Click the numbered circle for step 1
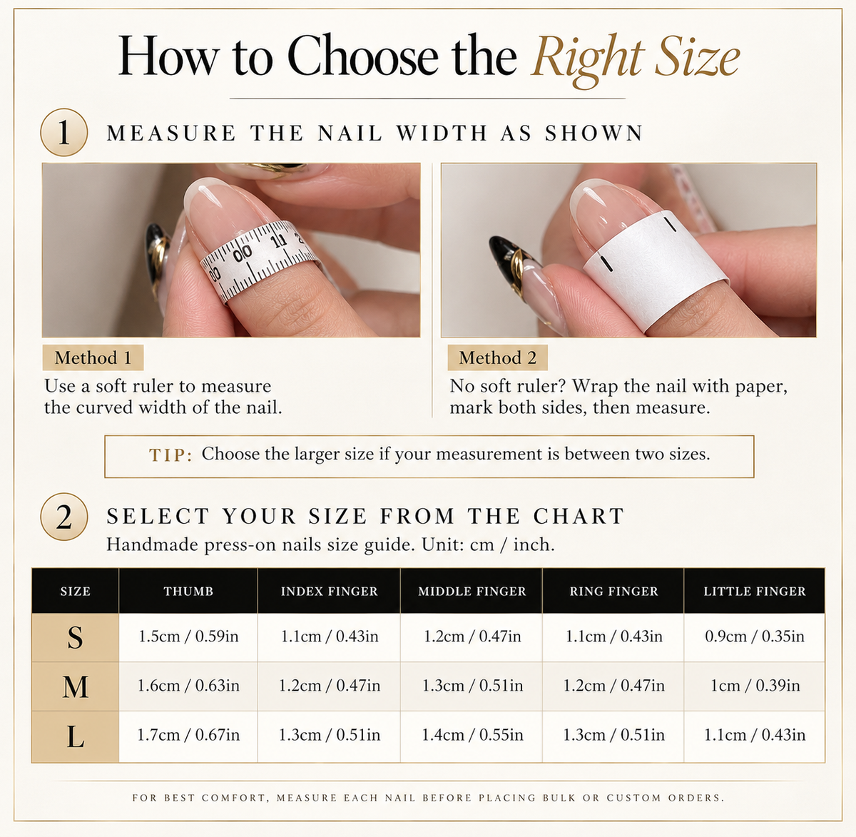tap(63, 132)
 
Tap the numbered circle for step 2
tap(63, 517)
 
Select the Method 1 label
tap(93, 357)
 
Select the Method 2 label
tap(497, 357)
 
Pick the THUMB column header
tap(188, 591)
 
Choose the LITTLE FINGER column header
tap(755, 591)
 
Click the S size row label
tap(75, 637)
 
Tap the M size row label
tap(75, 686)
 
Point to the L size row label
tap(75, 736)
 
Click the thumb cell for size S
tap(188, 636)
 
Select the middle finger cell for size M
tap(472, 686)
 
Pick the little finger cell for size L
tap(755, 735)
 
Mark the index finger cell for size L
tap(329, 735)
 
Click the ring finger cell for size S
tap(613, 636)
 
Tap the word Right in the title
tap(588, 59)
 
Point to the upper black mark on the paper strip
tap(671, 223)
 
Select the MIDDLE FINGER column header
tap(472, 591)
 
